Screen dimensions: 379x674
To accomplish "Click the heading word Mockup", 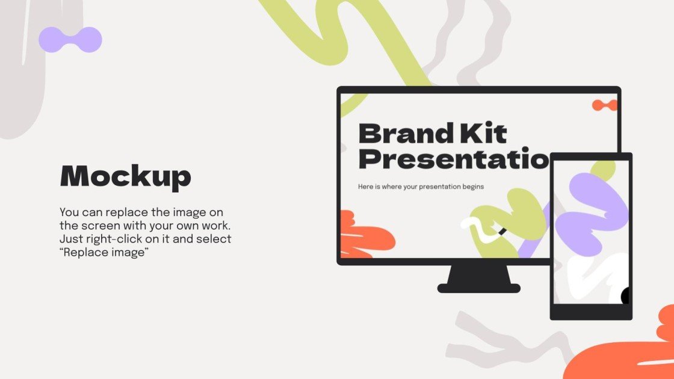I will (125, 177).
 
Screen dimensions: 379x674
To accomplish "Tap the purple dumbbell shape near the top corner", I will (70, 40).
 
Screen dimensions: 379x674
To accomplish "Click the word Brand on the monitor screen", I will (405, 133).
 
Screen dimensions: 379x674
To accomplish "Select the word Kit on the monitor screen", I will (482, 133).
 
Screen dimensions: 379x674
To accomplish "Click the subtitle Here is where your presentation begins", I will (421, 186).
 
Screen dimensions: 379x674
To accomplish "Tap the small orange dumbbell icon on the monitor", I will (604, 105).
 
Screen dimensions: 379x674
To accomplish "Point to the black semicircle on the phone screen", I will (625, 296).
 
